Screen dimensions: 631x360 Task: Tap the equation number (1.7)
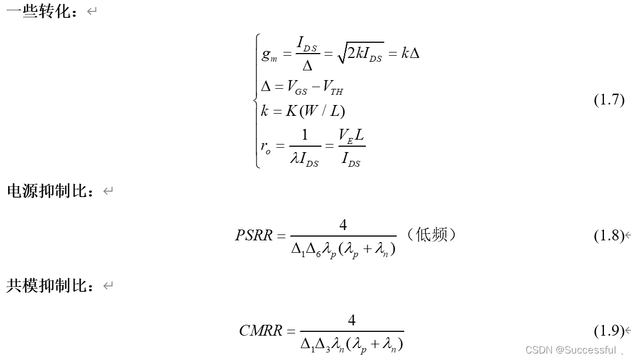[609, 100]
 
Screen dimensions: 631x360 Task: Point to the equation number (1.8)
[609, 236]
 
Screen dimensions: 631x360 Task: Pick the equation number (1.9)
[609, 330]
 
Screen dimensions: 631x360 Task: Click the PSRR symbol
[254, 236]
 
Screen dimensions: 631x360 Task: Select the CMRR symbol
[260, 330]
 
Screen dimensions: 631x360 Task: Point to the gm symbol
[269, 56]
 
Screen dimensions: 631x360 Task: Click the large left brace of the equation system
[257, 101]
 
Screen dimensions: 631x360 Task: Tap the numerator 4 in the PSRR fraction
[343, 225]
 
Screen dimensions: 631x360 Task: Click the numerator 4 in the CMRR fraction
[352, 320]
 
